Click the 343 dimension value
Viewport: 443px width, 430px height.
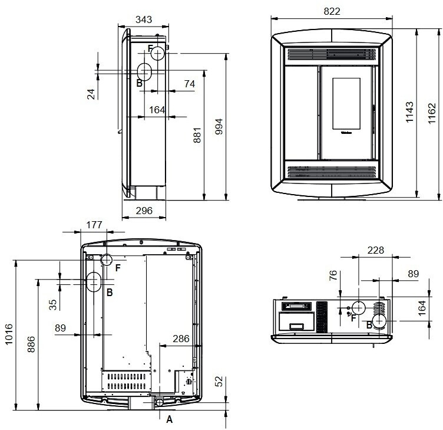[144, 19]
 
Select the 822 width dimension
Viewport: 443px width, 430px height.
[332, 11]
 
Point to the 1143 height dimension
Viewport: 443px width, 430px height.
[409, 112]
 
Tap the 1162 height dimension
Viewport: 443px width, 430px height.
[432, 113]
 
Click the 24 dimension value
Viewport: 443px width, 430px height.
[91, 94]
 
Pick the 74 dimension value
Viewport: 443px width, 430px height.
[190, 84]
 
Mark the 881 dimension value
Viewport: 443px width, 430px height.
[197, 135]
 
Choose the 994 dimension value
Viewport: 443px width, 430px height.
[219, 126]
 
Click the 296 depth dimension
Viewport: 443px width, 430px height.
[144, 211]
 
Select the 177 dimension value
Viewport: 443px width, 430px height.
[94, 225]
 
